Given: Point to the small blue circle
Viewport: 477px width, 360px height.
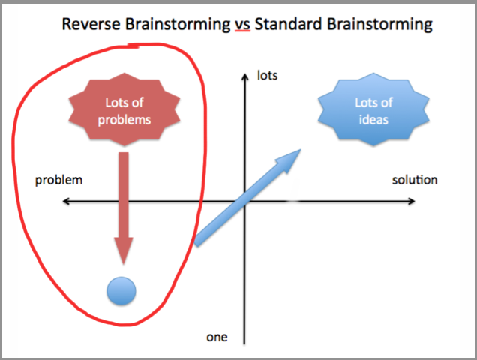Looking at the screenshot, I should pos(121,290).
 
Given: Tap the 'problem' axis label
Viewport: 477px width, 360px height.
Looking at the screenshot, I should pos(58,181).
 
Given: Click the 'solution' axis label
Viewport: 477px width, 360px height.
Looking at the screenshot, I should pos(415,181).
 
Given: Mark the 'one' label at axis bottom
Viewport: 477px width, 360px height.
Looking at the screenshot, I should pos(217,337).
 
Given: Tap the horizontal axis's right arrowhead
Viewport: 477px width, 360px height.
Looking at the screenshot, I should pos(412,201).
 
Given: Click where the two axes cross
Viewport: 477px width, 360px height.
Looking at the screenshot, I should pos(244,201).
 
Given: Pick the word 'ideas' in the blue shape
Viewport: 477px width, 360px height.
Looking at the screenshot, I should pos(373,118).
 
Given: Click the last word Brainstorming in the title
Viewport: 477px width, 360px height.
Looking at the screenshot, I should pos(381,24).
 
